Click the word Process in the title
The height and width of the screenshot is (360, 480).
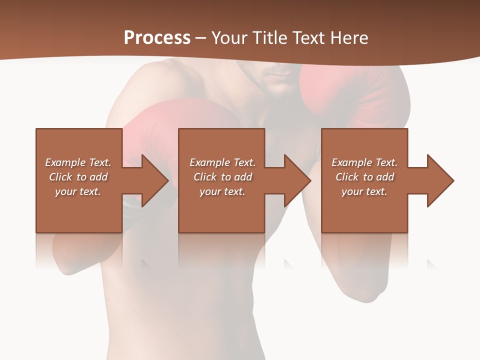click(157, 38)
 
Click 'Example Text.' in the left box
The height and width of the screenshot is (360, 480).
click(78, 162)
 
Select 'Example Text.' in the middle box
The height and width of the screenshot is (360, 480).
click(222, 162)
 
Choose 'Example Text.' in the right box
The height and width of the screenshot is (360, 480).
click(364, 162)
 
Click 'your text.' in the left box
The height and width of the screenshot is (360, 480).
click(78, 191)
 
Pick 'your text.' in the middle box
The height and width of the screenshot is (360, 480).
click(222, 191)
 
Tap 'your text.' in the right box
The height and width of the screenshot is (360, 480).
click(364, 191)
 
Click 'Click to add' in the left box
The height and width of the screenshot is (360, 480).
click(78, 177)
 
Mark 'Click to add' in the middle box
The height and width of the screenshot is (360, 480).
click(222, 177)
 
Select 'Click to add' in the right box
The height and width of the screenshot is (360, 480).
click(364, 177)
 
